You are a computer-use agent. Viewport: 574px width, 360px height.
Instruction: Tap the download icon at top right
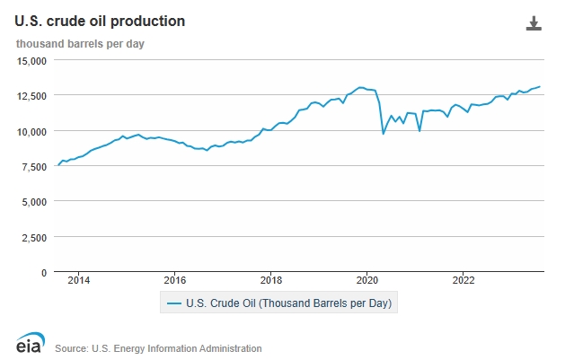click(x=534, y=23)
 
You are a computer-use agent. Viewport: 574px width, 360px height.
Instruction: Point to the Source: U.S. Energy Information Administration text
click(x=158, y=348)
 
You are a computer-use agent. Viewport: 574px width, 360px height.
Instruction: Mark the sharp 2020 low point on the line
click(x=384, y=134)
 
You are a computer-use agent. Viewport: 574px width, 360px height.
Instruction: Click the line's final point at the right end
click(x=540, y=86)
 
